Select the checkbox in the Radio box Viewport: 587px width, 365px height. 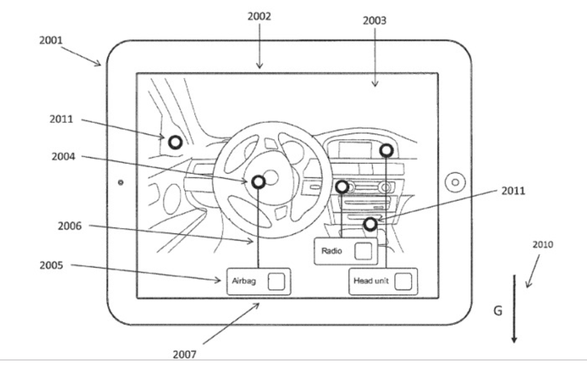tap(363, 251)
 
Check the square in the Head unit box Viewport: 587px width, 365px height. tap(402, 281)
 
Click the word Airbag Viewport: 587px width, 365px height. tap(244, 281)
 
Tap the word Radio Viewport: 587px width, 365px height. tap(332, 251)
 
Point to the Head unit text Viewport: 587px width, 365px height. tap(371, 281)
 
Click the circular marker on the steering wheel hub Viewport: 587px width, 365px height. tap(259, 182)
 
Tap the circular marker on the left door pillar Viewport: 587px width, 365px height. tap(175, 142)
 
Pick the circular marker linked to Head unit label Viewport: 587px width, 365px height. tap(386, 150)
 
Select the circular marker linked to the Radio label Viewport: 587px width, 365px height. tap(342, 187)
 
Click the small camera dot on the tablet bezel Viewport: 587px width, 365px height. tap(121, 182)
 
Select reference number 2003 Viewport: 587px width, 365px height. tap(375, 20)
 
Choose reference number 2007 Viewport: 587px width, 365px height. tap(184, 354)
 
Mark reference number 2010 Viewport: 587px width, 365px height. tap(543, 245)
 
